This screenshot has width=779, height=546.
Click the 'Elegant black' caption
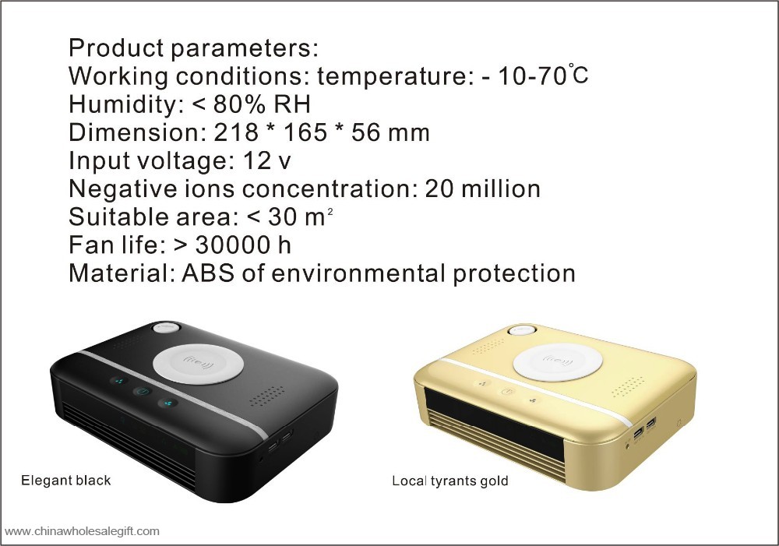tap(66, 481)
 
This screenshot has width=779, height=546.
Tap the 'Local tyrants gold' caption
tap(450, 481)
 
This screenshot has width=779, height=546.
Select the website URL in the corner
tap(82, 531)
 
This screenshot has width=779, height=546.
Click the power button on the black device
tap(143, 392)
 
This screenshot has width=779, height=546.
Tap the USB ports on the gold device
tap(645, 428)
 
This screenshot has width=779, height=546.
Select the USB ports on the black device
tap(280, 442)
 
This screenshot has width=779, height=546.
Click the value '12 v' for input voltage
tap(266, 160)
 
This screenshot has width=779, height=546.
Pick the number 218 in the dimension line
tap(236, 132)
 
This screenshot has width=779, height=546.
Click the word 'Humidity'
tap(122, 104)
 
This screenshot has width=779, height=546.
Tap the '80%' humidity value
tap(238, 104)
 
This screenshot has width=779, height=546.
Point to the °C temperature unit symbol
tap(578, 75)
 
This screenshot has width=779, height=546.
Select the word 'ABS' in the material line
tap(208, 273)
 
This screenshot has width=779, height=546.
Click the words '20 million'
tap(482, 188)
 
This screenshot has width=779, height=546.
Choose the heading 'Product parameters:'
tap(193, 48)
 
